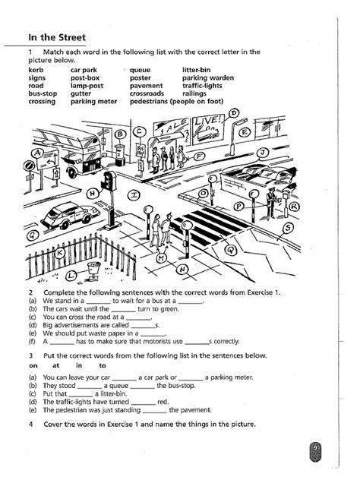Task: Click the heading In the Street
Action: point(57,37)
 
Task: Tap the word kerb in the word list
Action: point(36,70)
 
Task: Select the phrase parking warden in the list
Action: point(208,78)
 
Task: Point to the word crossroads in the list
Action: point(147,93)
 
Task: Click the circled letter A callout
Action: point(38,153)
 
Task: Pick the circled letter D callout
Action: point(234,114)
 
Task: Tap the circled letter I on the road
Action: point(134,195)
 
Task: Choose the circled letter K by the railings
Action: point(60,253)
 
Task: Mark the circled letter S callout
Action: point(288,228)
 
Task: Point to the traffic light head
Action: point(108,181)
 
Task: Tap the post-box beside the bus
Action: point(120,155)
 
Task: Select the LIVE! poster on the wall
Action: point(207,128)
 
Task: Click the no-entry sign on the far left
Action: point(29,166)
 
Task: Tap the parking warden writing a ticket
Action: point(271,202)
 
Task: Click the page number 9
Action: point(315,448)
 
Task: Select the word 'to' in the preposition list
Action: point(103,365)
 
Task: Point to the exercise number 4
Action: point(31,425)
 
